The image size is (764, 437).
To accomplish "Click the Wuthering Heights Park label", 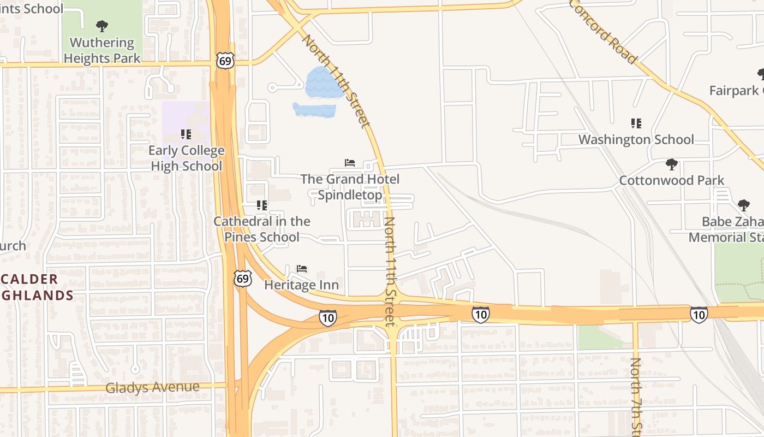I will [x=102, y=50].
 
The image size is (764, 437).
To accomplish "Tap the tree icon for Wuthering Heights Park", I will [x=102, y=26].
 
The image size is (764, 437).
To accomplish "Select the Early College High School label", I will [x=187, y=158].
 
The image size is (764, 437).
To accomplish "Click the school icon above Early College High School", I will [x=186, y=134].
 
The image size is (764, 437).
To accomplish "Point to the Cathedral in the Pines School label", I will [x=262, y=229].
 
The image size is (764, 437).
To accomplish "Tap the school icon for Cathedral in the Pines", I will [x=262, y=205].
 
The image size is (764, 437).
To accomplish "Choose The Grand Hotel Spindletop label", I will [x=350, y=187].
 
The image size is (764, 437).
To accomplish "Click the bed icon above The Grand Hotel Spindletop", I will [x=350, y=163].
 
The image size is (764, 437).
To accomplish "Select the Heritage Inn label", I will [x=301, y=285].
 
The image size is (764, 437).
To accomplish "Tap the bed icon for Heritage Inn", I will [x=302, y=268].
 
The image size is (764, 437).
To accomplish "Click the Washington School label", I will [x=636, y=139].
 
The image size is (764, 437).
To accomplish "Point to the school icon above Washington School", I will [x=636, y=123].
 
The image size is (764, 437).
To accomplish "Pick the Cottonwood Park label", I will [x=671, y=180].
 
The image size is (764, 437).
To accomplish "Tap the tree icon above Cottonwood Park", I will [x=672, y=164].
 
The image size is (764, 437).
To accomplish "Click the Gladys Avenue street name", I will [x=152, y=387].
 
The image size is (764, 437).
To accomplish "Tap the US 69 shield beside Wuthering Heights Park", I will [x=225, y=60].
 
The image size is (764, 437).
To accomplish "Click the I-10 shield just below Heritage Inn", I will [x=327, y=317].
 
